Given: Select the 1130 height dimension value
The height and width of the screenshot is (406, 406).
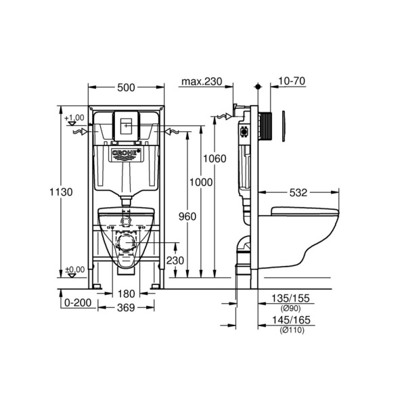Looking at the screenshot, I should tap(62, 191).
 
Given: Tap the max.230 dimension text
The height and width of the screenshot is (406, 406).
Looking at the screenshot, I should tap(201, 81).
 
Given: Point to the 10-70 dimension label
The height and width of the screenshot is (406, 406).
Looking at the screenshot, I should tap(292, 81).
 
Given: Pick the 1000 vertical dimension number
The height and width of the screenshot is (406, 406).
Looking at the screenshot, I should tap(201, 182).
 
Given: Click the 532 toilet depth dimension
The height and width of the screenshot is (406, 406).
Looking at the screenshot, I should tap(298, 192).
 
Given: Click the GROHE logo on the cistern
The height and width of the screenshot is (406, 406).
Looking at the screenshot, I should tap(126, 155).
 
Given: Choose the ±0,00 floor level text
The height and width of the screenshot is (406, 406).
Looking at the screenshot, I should tap(75, 269).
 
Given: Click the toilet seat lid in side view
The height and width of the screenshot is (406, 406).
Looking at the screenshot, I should tap(302, 210).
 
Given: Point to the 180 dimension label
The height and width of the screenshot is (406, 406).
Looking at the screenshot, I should tap(126, 294).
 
